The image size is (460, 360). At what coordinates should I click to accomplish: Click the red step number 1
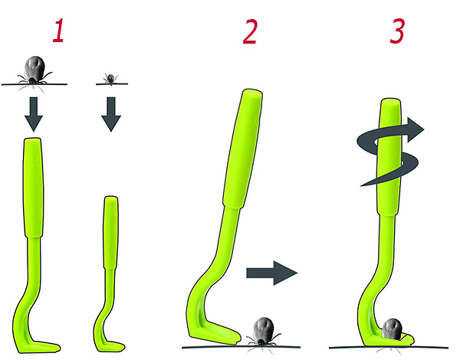pos(59,31)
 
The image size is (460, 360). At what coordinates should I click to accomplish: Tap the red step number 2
pos(250,31)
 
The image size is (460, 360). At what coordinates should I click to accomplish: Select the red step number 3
pos(397,31)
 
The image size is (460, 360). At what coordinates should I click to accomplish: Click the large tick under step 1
pos(34,70)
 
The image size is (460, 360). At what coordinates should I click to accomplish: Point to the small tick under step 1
pos(110,79)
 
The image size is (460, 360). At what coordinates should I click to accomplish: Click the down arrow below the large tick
pos(34,114)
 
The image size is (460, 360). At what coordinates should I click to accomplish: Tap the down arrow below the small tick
pos(111,114)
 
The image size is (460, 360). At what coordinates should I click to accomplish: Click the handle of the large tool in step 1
pos(33,188)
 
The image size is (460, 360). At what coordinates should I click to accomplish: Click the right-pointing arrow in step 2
pos(272,273)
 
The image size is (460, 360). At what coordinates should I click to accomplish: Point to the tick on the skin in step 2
pos(262,331)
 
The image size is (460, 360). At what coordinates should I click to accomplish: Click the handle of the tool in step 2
pos(243,149)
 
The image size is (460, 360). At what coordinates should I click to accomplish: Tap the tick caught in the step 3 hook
pos(393,329)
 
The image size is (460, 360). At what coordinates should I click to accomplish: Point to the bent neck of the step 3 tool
pos(371,290)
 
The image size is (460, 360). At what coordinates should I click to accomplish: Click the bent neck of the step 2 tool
pos(205,281)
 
